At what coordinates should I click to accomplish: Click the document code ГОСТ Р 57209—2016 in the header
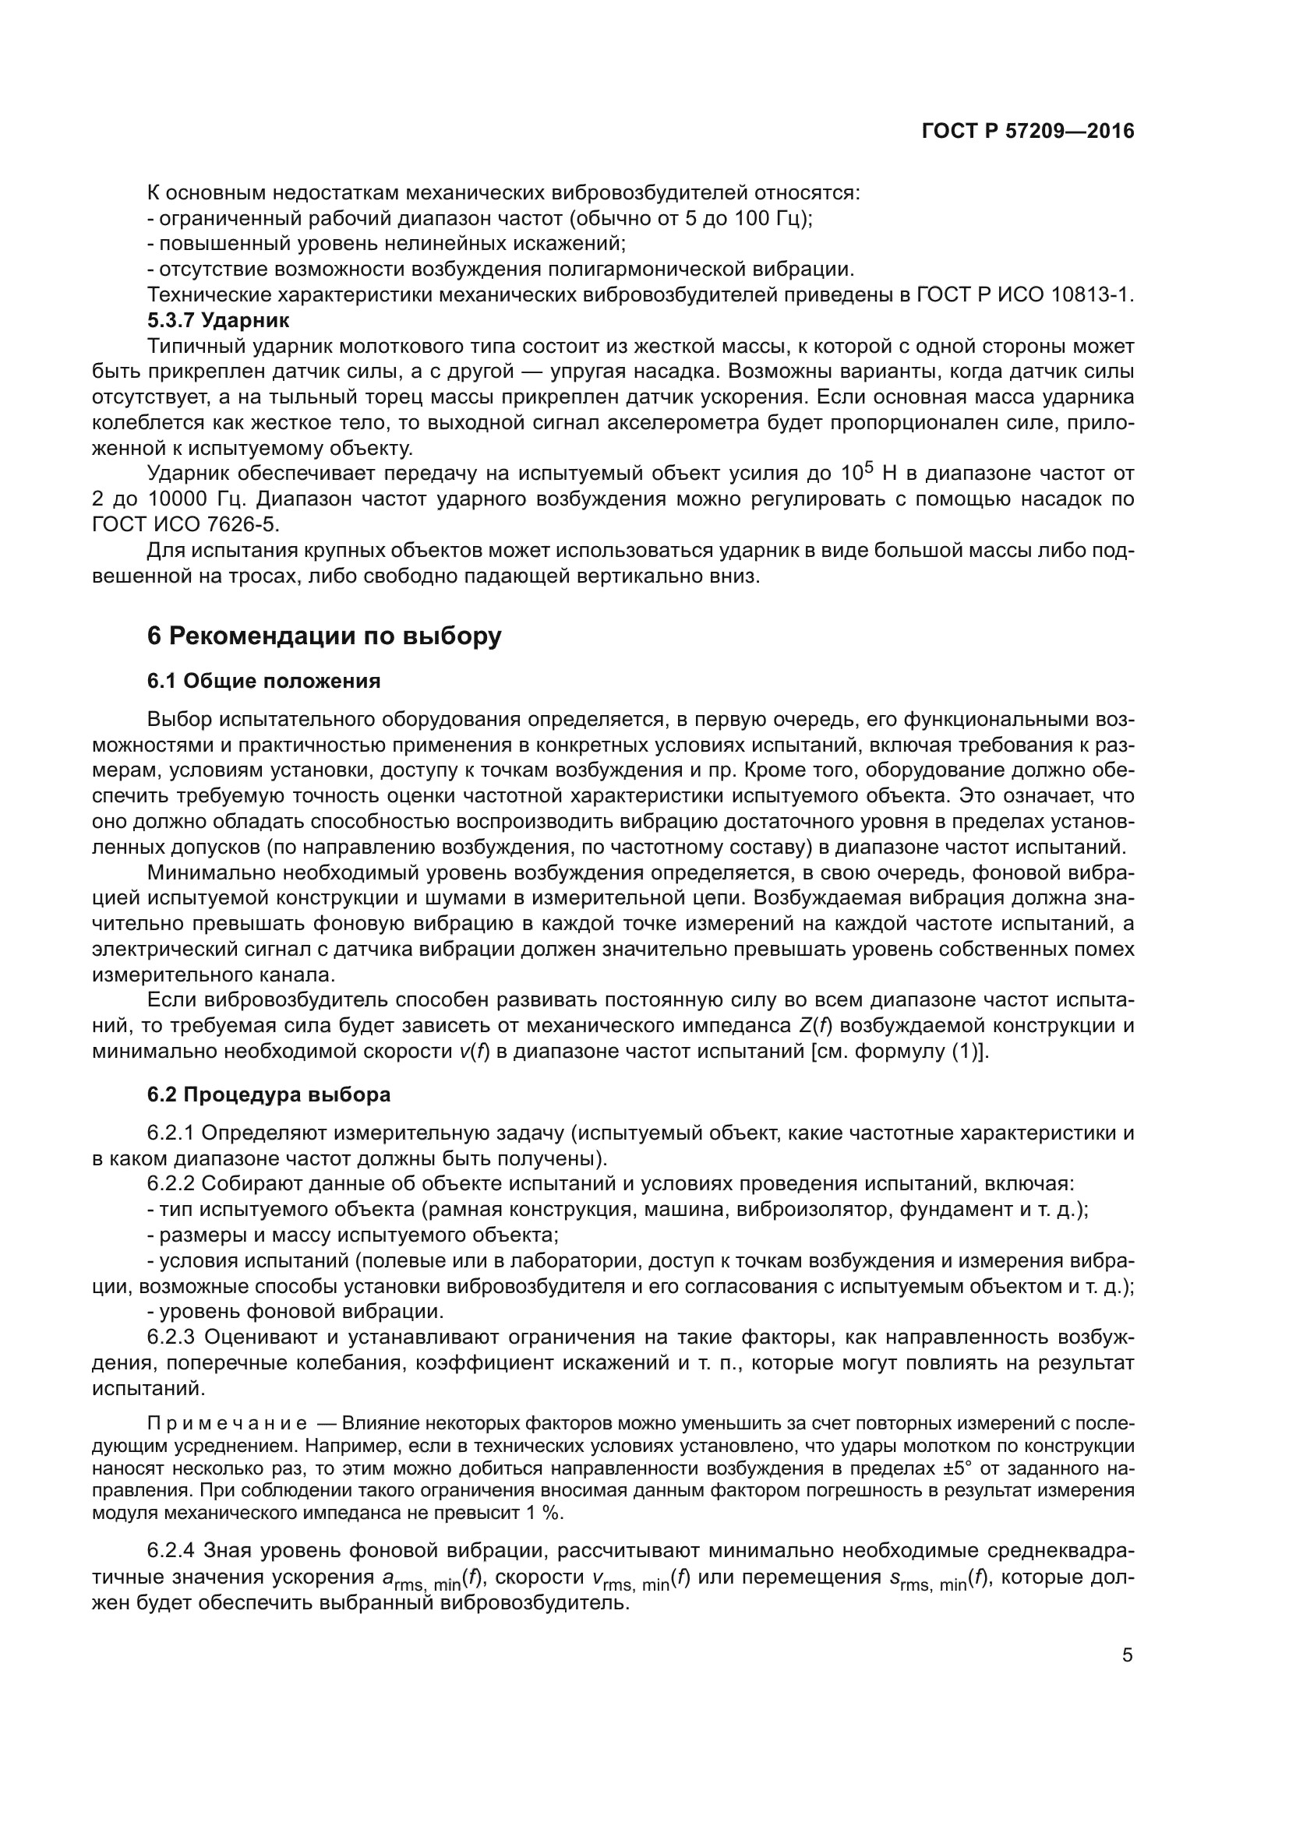(x=1028, y=131)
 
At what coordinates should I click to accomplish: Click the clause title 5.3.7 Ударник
(x=218, y=321)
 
